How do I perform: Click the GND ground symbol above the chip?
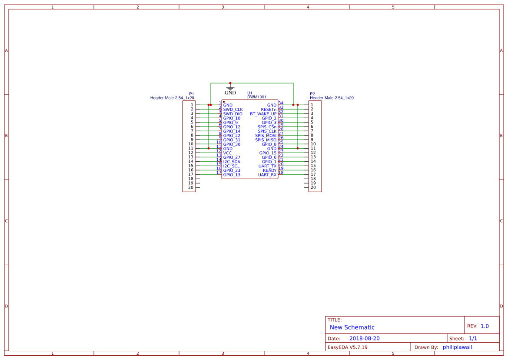click(230, 88)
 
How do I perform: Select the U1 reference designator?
click(250, 93)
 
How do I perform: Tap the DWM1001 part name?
click(257, 97)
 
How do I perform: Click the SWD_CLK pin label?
click(233, 110)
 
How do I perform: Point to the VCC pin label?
click(228, 153)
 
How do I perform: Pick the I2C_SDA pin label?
click(232, 162)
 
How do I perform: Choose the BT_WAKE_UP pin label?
click(263, 114)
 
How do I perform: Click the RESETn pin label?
click(269, 110)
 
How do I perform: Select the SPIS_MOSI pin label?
click(266, 136)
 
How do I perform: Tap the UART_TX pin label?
click(267, 166)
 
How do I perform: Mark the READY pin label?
click(269, 170)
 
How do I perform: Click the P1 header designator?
click(192, 94)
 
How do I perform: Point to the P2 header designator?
click(312, 94)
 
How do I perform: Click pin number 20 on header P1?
click(191, 187)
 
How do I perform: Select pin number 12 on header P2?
click(313, 153)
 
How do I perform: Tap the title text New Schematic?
click(352, 327)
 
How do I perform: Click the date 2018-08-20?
click(365, 338)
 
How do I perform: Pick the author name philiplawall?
click(457, 347)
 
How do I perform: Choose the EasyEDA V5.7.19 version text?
click(348, 347)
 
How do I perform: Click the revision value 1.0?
click(485, 326)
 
